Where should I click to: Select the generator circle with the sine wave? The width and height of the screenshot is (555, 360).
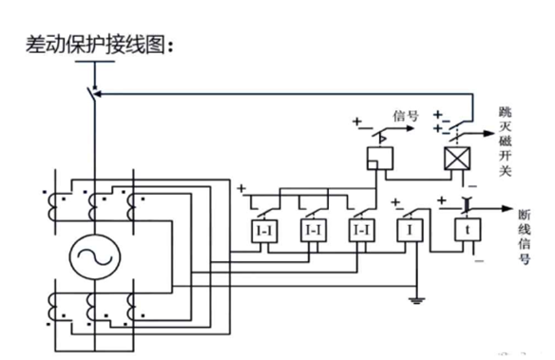pos(95,255)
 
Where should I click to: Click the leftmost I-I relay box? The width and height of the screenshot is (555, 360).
pos(262,230)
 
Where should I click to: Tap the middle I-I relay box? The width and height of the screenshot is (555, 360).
pos(312,230)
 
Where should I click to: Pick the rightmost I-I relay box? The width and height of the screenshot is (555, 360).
pos(360,230)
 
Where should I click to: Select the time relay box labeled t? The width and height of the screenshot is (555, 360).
pos(467,229)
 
